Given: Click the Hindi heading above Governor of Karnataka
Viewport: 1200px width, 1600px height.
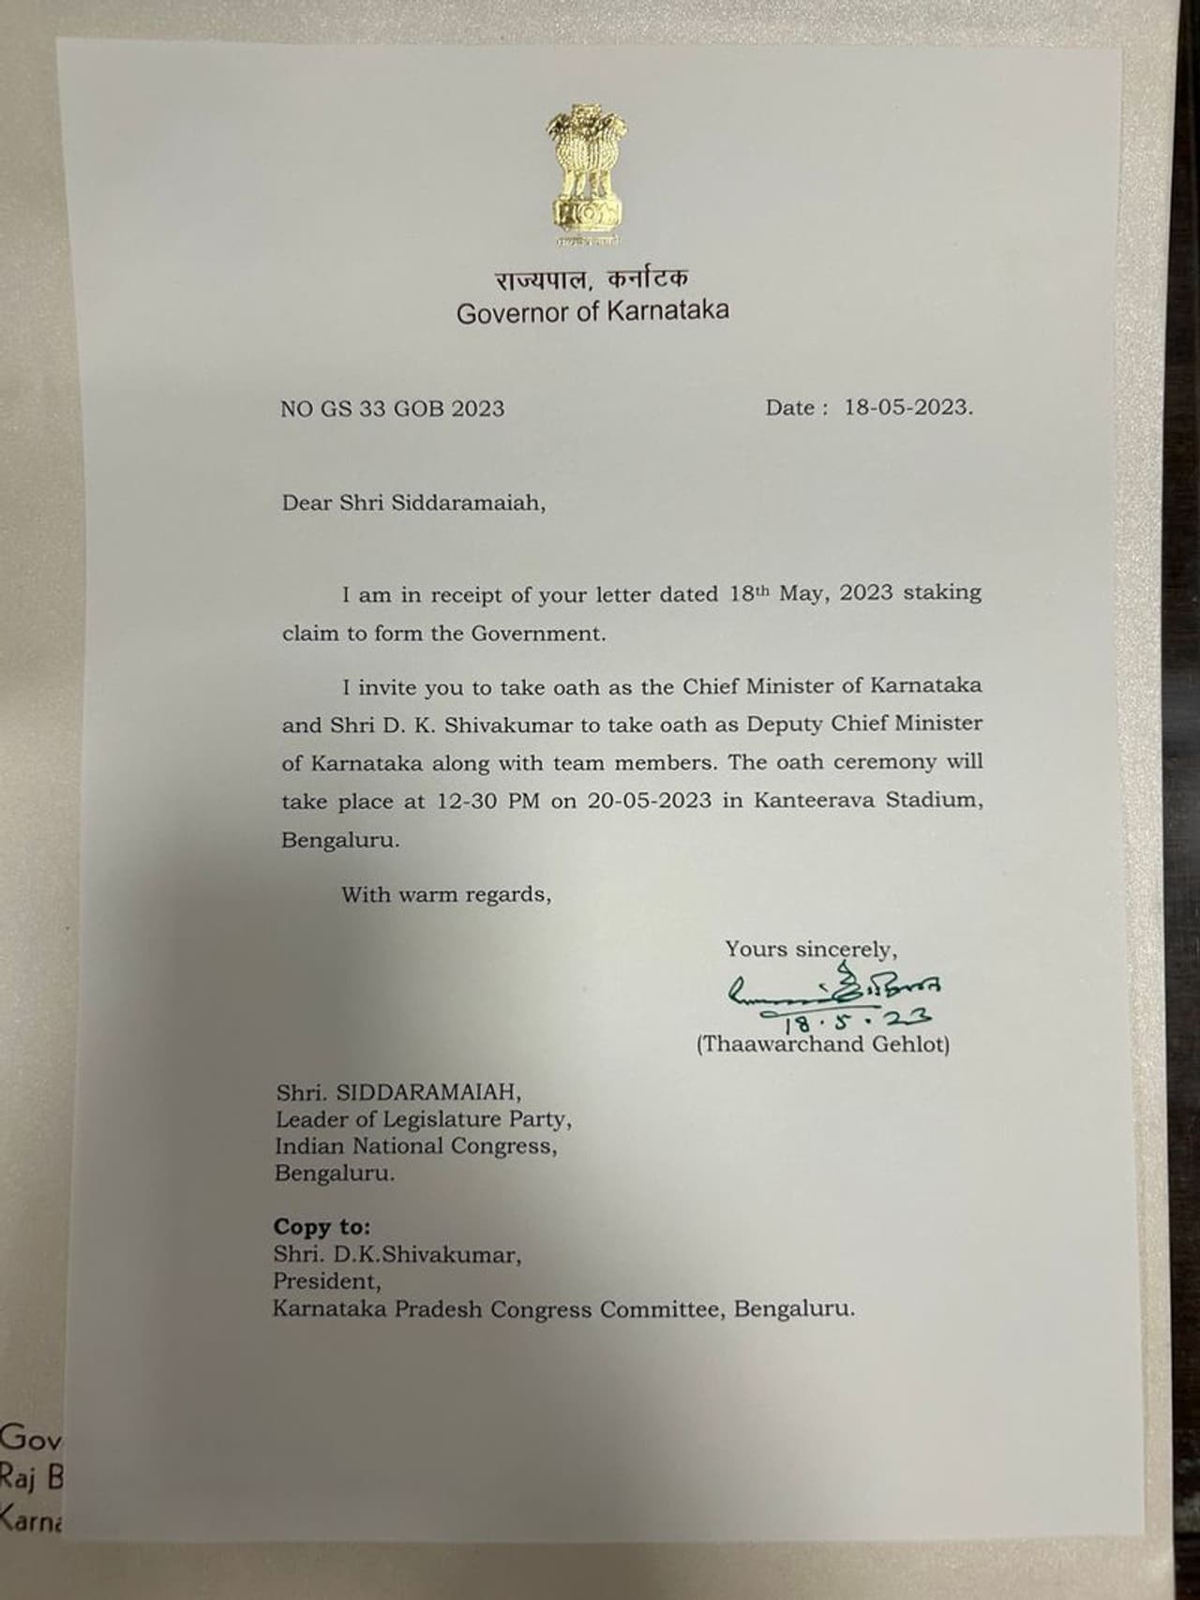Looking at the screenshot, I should point(592,278).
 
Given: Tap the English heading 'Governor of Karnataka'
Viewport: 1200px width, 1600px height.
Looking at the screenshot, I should point(592,312).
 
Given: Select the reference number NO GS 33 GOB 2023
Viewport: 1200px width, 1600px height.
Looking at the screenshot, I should point(392,409).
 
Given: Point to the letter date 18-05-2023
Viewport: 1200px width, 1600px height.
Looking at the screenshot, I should point(907,408).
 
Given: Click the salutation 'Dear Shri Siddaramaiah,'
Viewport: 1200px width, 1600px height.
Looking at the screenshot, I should point(413,503).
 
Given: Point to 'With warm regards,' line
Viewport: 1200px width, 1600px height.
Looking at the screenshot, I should point(446,894).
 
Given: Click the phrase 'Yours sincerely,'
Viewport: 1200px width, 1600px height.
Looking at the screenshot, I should point(811,950).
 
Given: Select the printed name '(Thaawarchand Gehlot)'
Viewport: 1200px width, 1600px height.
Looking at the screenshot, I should point(822,1044).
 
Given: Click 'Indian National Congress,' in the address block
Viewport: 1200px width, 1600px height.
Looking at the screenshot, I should point(415,1146).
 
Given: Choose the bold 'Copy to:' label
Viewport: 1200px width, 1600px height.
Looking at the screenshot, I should point(322,1227).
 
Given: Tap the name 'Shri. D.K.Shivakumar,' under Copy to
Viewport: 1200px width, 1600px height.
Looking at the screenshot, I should point(397,1254).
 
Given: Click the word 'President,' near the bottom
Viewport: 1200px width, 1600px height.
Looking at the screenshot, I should point(327,1281).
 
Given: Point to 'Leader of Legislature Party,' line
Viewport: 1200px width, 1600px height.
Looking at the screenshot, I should point(423,1119).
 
